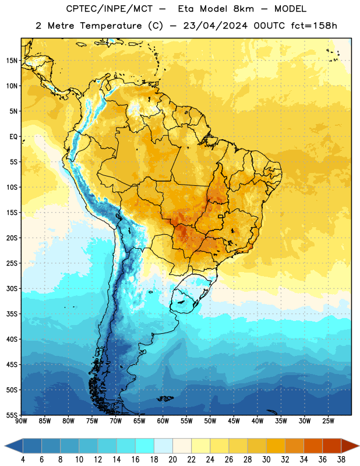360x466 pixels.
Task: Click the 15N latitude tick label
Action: [x=12, y=61]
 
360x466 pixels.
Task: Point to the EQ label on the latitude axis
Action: [x=13, y=137]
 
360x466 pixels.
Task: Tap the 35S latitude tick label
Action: [x=12, y=314]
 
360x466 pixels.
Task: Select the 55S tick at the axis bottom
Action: [x=12, y=415]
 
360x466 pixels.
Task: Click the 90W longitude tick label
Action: [x=21, y=421]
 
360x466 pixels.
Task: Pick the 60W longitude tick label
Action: [x=163, y=421]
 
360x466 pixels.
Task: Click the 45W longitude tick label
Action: [x=234, y=421]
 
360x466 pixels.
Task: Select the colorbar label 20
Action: [x=172, y=460]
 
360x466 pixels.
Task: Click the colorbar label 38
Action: [x=341, y=460]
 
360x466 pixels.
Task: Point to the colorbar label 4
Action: [x=23, y=460]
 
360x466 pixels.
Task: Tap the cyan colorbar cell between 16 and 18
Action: [x=145, y=446]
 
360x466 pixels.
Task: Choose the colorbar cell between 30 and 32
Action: [x=276, y=446]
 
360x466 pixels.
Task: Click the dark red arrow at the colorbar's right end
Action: [x=350, y=446]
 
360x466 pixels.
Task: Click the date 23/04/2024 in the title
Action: [x=215, y=26]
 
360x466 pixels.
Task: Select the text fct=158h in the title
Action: [x=314, y=26]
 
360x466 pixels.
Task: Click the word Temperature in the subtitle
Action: [x=111, y=26]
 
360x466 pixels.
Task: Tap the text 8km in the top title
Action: [x=243, y=9]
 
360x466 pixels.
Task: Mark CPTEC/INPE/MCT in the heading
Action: [x=110, y=9]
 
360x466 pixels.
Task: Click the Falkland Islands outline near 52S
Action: [x=165, y=398]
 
